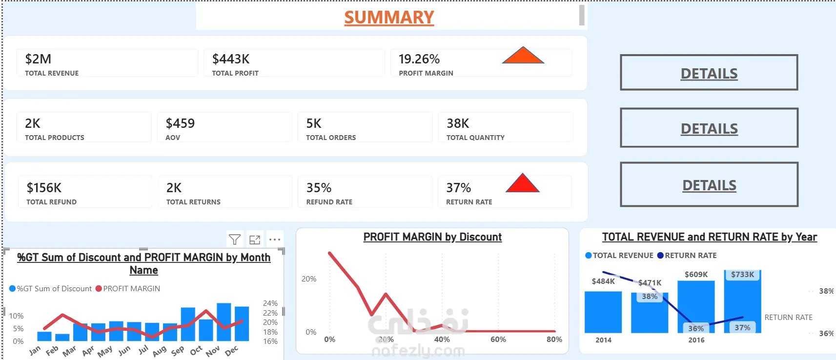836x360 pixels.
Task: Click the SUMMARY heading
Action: click(x=389, y=18)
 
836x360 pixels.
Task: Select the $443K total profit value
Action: click(x=231, y=59)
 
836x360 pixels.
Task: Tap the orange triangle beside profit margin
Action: click(x=523, y=55)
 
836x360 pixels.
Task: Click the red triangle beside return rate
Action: click(x=523, y=183)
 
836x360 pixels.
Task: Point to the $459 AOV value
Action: click(x=180, y=123)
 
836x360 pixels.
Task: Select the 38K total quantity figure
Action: click(x=458, y=123)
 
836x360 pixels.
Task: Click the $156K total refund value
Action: click(x=43, y=188)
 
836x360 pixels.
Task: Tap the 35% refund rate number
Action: click(x=319, y=188)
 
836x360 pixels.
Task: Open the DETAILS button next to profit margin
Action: click(x=709, y=72)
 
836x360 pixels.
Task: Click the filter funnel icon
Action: click(x=235, y=240)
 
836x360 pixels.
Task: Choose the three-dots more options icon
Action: click(x=275, y=240)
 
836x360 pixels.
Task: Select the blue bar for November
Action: click(x=224, y=322)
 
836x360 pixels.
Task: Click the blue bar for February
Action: click(x=62, y=337)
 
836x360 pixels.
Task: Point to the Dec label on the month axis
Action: click(x=231, y=350)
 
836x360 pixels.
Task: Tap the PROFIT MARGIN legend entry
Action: click(x=128, y=288)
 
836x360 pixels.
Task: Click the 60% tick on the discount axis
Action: click(x=498, y=340)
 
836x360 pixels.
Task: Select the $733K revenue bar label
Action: click(x=742, y=275)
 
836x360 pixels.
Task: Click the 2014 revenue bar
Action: click(x=603, y=312)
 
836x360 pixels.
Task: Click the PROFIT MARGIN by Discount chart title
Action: click(x=432, y=237)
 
